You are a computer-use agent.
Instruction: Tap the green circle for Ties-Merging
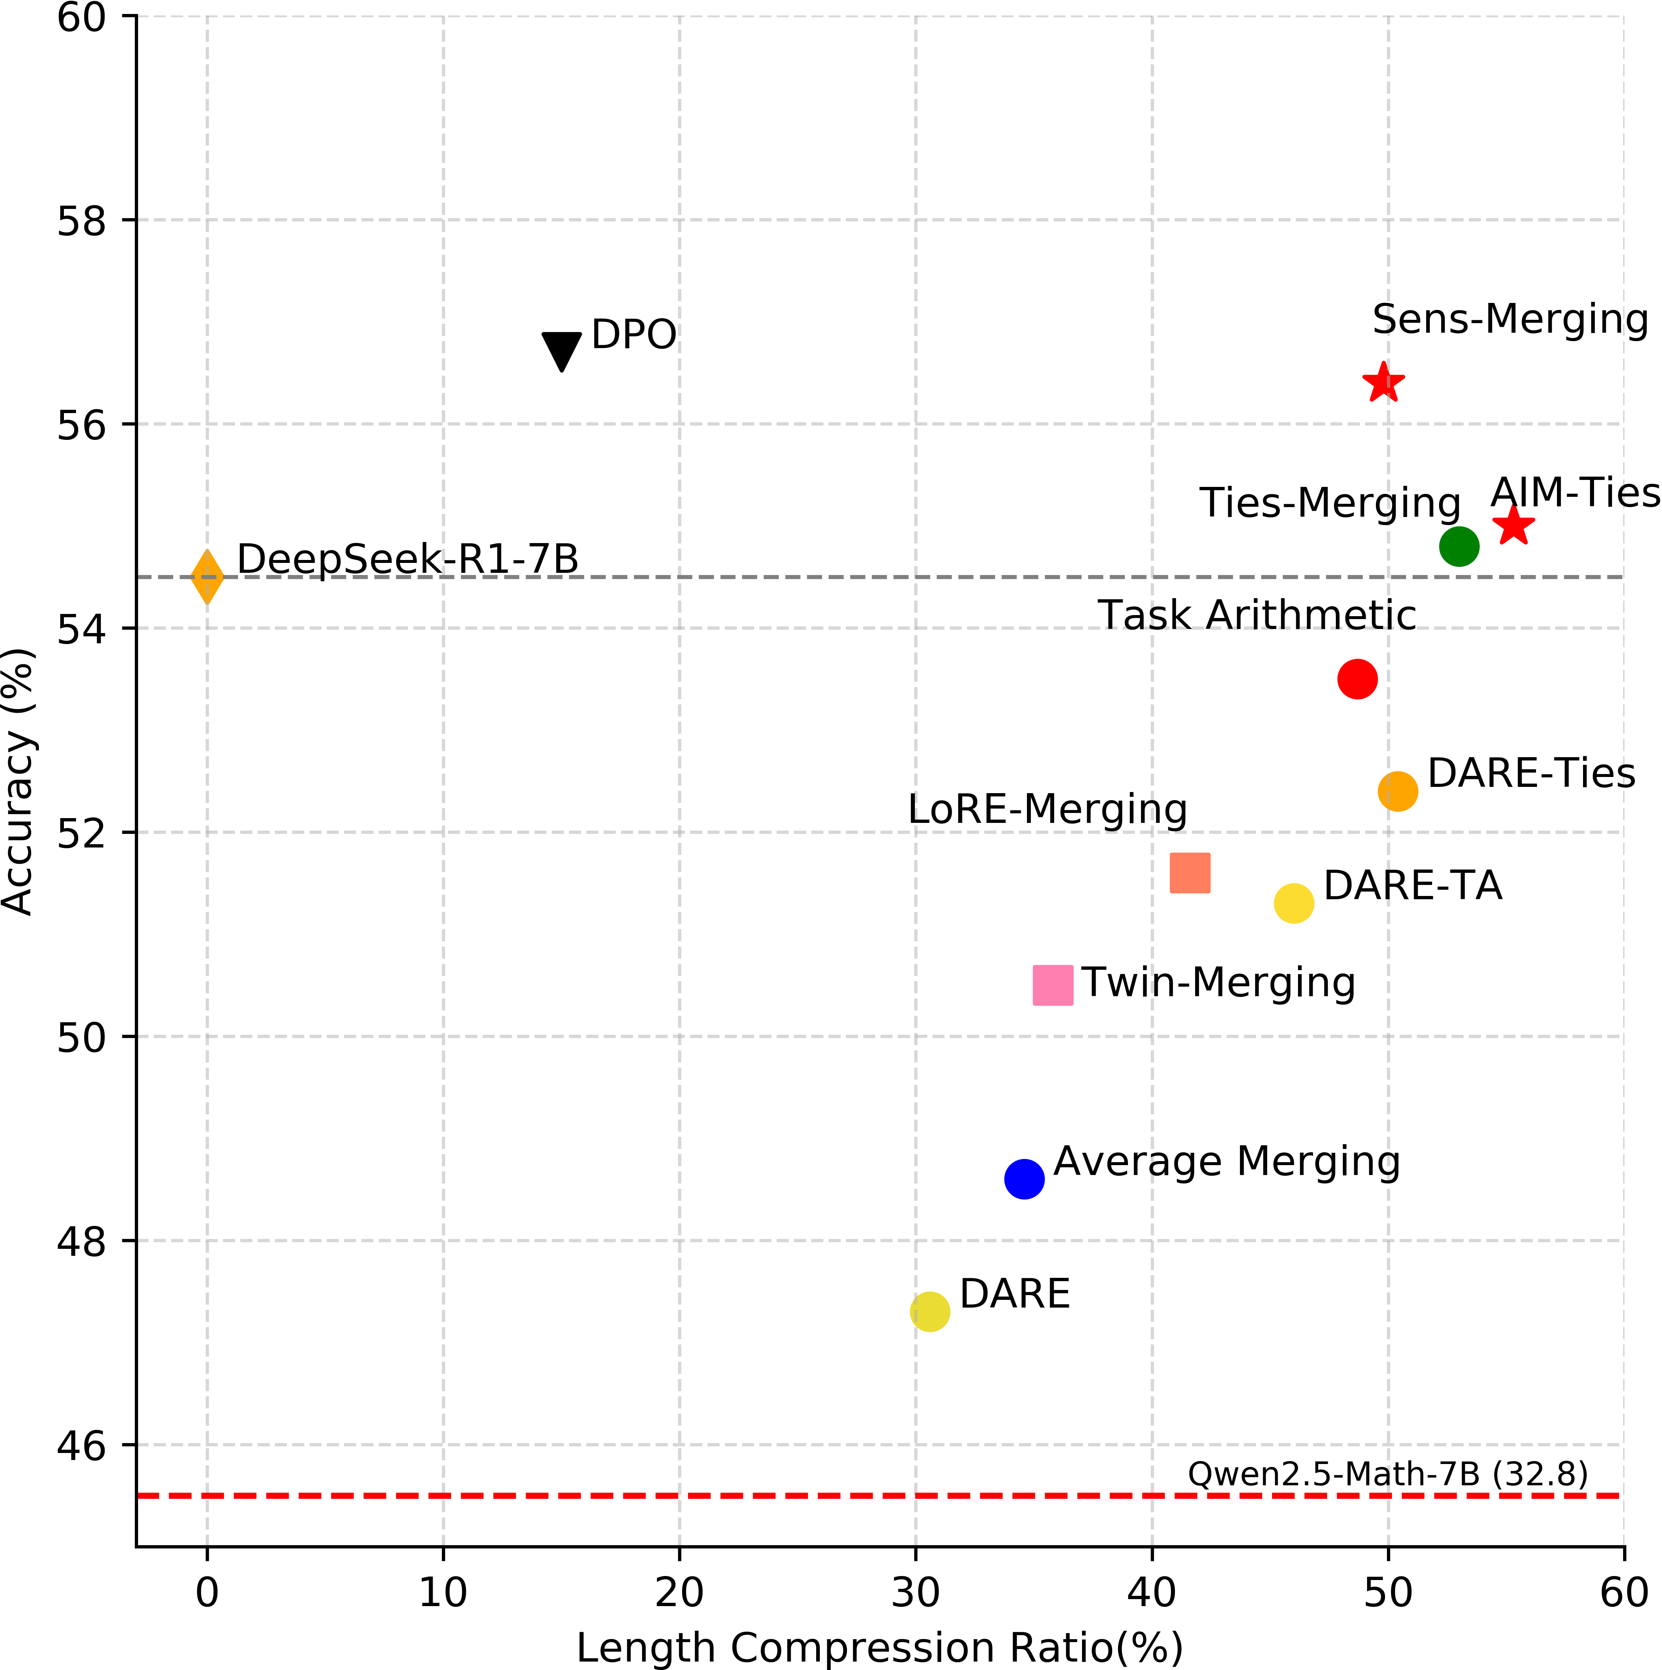[x=1459, y=546]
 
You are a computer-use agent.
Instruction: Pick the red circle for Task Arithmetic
[x=1357, y=679]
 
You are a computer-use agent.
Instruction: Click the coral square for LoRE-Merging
[x=1190, y=872]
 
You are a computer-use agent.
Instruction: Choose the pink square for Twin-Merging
[x=1053, y=984]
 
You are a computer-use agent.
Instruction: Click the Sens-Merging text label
[x=1510, y=319]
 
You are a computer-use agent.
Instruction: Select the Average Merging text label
[x=1226, y=1162]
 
